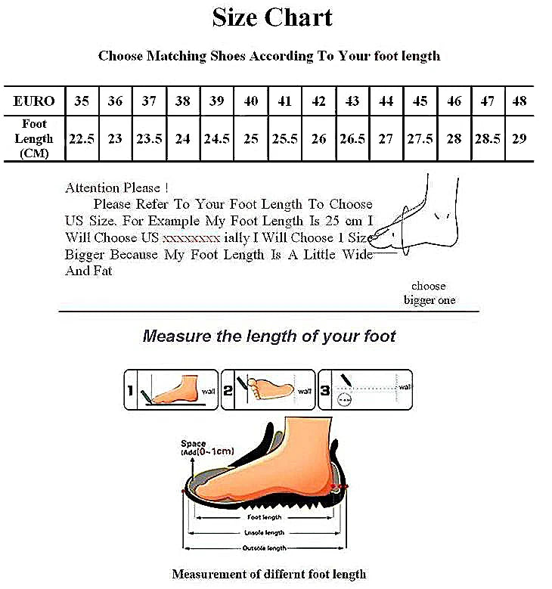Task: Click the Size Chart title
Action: click(271, 17)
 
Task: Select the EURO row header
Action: click(34, 101)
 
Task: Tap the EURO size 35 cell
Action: click(82, 101)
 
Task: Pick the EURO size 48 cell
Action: click(519, 101)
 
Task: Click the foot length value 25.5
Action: click(284, 139)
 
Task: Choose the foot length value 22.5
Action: click(82, 139)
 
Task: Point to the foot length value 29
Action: click(519, 139)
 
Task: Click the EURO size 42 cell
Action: click(318, 101)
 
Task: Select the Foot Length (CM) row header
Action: click(34, 139)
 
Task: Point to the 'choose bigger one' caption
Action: click(429, 293)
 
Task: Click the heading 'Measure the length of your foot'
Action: click(268, 336)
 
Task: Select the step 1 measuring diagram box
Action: click(171, 389)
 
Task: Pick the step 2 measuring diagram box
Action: click(268, 389)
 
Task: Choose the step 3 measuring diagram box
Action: click(365, 389)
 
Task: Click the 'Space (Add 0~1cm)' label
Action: click(206, 448)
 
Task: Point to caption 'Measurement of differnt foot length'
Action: click(268, 575)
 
